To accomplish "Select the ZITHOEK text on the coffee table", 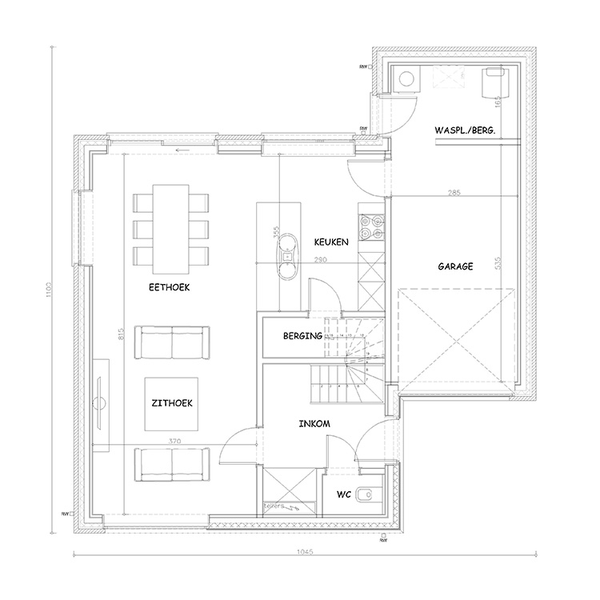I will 173,404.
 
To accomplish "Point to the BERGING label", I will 302,337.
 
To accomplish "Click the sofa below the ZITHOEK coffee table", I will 172,464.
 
